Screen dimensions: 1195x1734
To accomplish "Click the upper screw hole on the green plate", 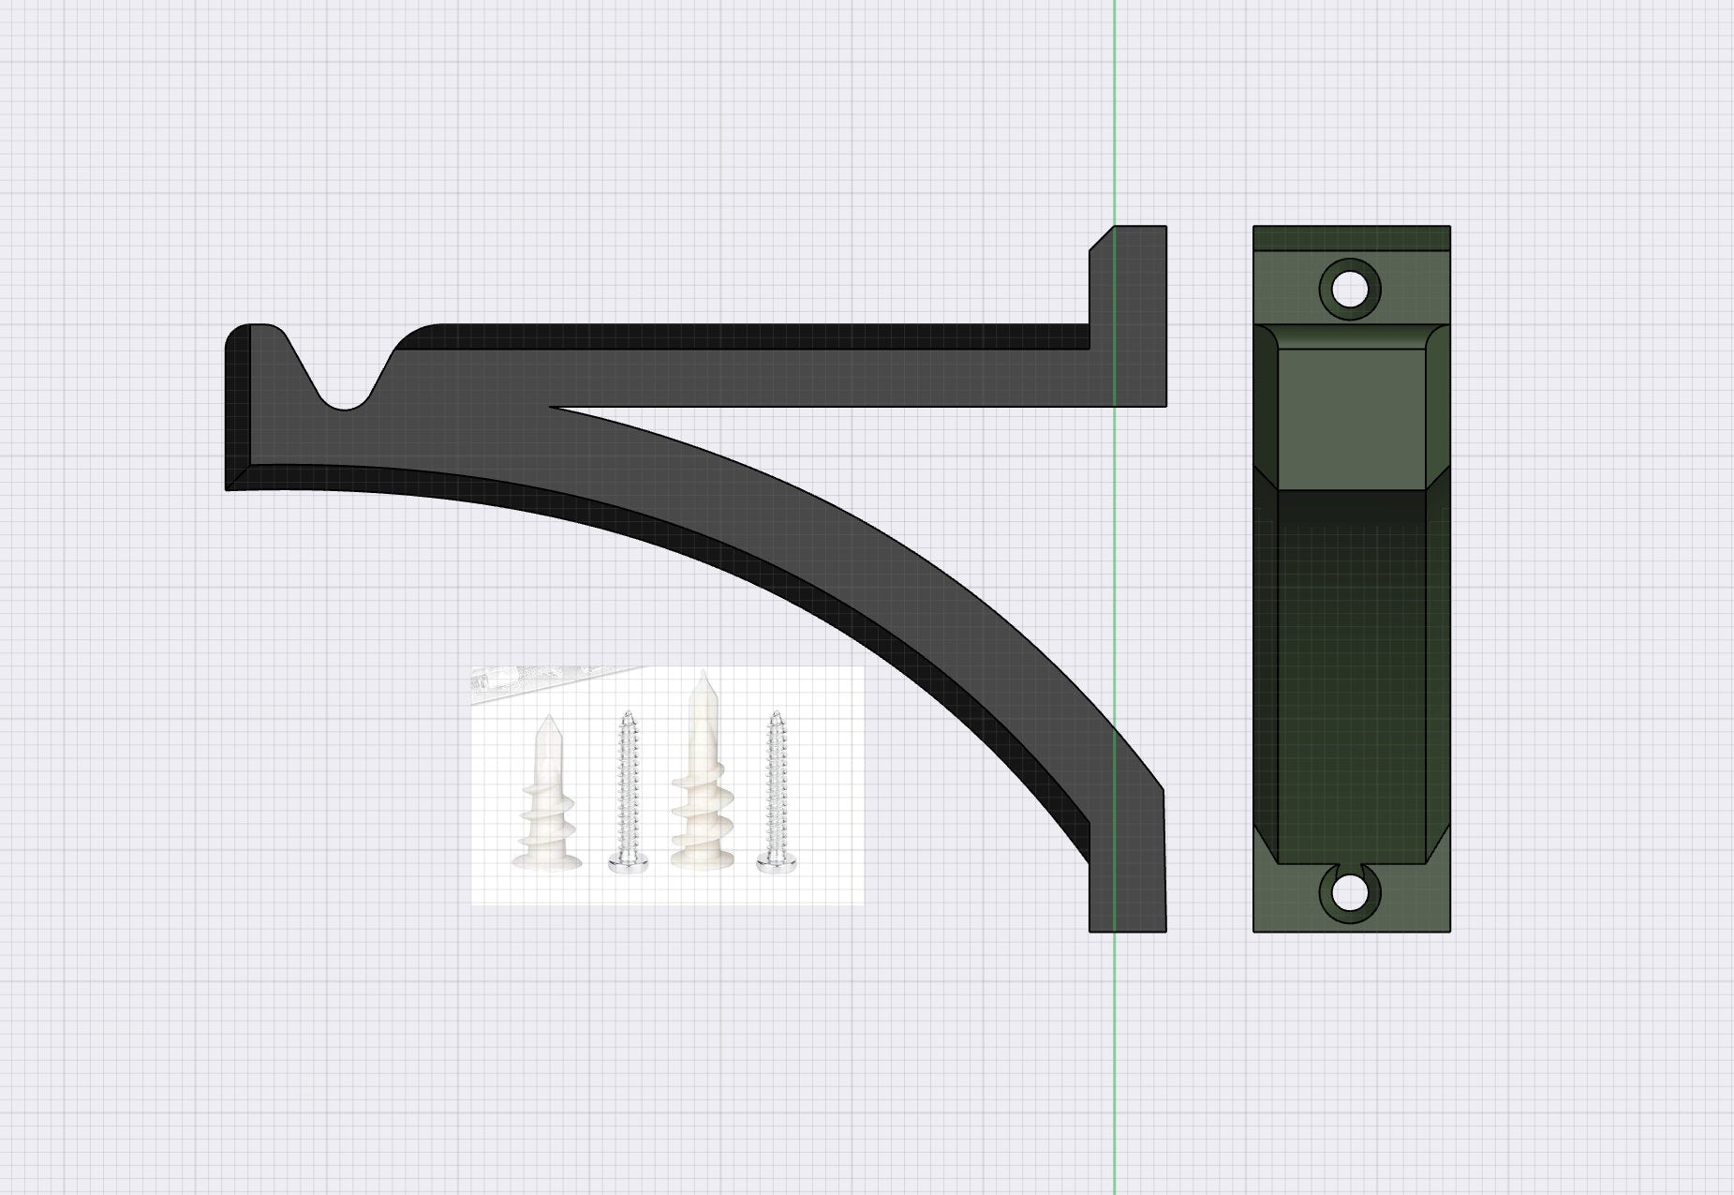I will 1349,289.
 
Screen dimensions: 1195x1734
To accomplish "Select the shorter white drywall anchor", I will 547,797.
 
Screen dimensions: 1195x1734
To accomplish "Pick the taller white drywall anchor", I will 703,778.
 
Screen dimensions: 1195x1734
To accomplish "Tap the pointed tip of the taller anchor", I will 703,674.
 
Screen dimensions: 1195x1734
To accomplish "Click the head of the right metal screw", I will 773,863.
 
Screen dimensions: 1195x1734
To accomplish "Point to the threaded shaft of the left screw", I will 625,778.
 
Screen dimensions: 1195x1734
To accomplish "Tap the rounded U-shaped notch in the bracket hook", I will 346,400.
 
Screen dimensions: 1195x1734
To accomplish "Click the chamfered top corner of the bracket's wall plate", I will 1102,238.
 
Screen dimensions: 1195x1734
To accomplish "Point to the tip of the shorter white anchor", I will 548,718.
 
